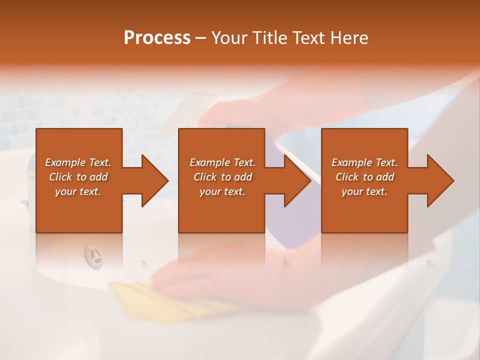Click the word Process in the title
point(157,38)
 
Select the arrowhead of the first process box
point(152,180)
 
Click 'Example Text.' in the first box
point(78,162)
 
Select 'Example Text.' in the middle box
point(222,162)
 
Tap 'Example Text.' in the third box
point(364,162)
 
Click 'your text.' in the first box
point(78,191)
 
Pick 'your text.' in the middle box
point(222,191)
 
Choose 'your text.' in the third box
point(364,191)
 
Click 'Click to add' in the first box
point(78,177)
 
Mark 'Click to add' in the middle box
point(222,177)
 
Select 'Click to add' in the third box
point(364,177)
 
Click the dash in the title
point(201,38)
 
